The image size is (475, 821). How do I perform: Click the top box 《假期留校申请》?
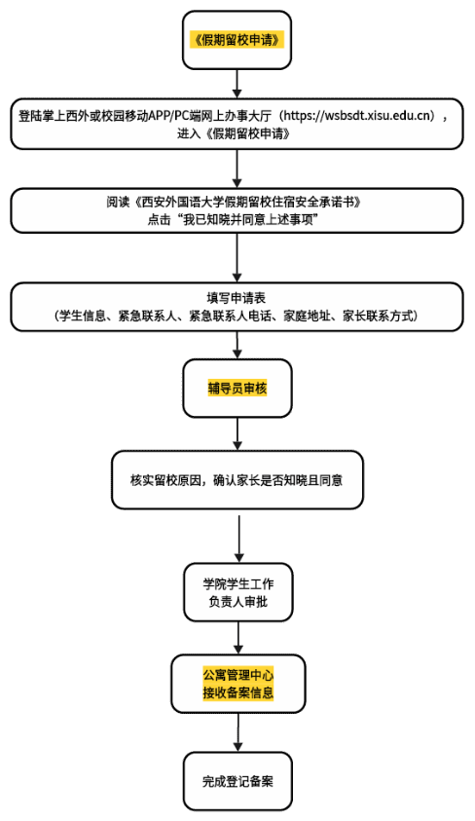(237, 40)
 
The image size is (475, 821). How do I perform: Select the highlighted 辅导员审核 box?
(237, 388)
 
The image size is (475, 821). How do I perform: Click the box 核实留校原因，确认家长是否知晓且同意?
(237, 479)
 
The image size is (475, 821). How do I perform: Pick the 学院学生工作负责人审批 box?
(237, 592)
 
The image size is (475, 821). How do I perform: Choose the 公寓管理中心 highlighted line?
(238, 674)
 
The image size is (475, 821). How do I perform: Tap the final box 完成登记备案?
(237, 781)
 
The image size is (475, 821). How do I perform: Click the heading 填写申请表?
(237, 298)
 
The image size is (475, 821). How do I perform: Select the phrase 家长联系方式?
(378, 316)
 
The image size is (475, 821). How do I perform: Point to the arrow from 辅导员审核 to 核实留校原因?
(237, 434)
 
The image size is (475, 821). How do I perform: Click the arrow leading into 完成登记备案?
(238, 732)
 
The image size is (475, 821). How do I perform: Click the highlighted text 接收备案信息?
(238, 692)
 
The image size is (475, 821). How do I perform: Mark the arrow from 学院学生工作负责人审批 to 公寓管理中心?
(238, 638)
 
